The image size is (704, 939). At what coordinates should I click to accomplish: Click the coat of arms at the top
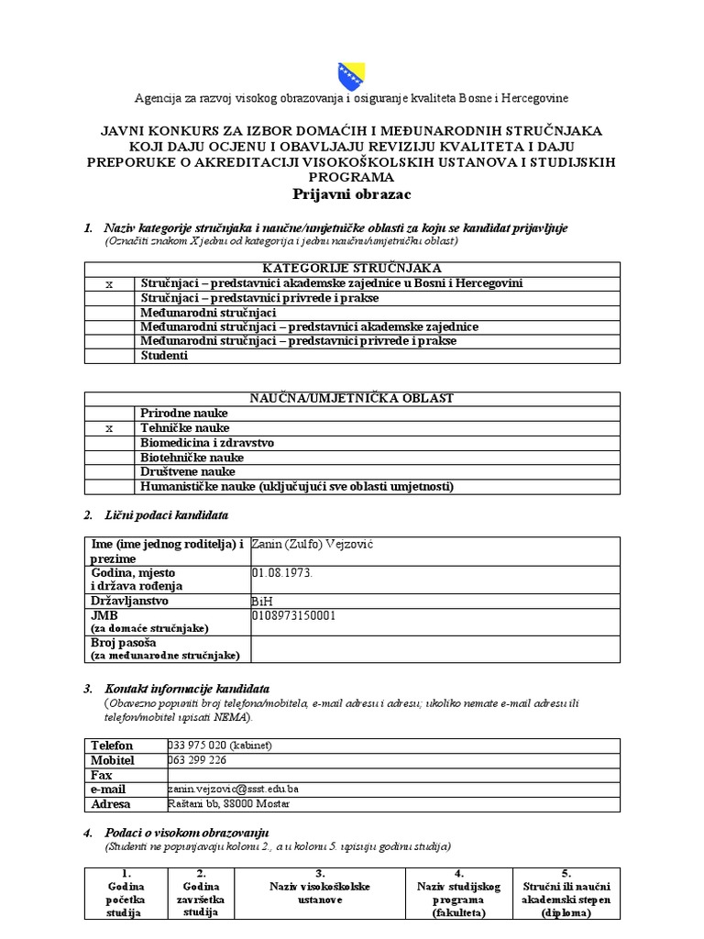click(351, 72)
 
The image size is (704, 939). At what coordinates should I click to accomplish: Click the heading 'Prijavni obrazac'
click(351, 194)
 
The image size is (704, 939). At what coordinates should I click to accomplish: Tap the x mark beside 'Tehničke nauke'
click(110, 428)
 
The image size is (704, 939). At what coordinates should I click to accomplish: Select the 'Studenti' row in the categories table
click(164, 356)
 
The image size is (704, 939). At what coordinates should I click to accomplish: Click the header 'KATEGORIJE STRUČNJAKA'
click(351, 268)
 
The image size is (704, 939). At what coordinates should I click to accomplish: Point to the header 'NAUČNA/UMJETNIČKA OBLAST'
click(351, 398)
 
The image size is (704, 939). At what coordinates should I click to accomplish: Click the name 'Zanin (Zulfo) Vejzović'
click(313, 545)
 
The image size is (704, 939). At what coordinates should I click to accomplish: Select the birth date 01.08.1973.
click(281, 572)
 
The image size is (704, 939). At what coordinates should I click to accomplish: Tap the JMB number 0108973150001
click(293, 615)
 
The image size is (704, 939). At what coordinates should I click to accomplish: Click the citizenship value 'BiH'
click(262, 601)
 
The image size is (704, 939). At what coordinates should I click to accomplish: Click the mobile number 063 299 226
click(197, 760)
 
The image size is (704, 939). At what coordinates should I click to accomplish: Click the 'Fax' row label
click(102, 775)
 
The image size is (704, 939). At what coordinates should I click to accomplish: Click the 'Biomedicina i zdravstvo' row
click(207, 443)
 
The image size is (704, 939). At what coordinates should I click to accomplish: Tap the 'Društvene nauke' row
click(188, 471)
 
